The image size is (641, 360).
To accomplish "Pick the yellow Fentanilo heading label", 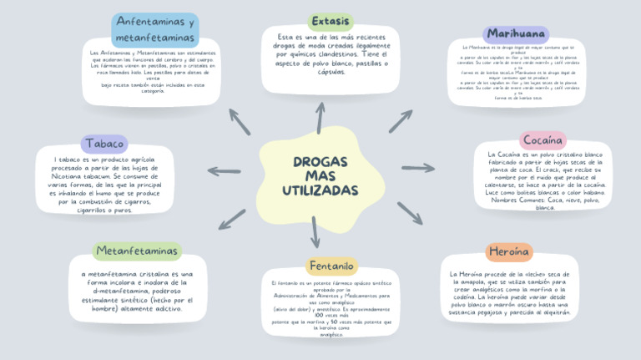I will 331,266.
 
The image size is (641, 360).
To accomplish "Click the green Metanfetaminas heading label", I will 137,251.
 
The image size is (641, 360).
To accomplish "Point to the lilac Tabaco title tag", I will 103,144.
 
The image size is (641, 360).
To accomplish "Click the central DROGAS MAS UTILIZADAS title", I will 320,176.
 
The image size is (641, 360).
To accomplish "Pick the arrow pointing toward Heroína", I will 409,213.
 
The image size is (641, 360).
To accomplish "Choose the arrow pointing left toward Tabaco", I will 224,172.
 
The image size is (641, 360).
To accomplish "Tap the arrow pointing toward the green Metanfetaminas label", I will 231,219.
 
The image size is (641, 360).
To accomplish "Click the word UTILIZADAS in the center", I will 320,191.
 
